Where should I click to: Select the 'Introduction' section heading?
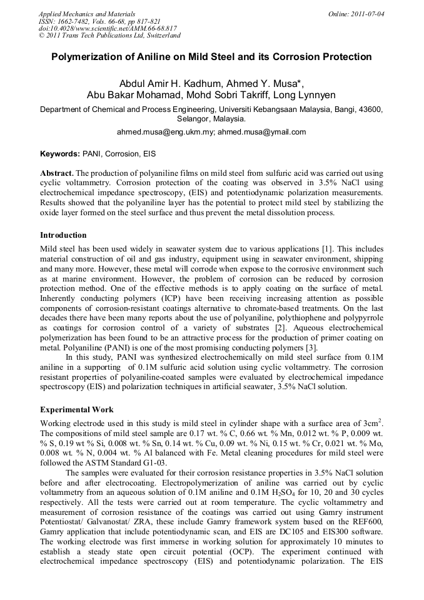[63, 235]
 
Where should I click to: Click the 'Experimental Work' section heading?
[77, 410]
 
